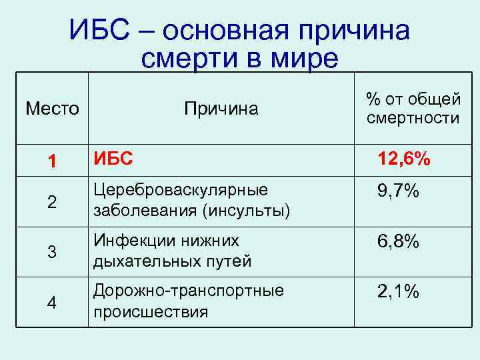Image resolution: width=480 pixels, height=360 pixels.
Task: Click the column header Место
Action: (x=52, y=108)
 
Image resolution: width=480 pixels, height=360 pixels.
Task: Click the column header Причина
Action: (x=221, y=108)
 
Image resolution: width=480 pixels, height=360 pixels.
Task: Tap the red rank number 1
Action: (x=51, y=161)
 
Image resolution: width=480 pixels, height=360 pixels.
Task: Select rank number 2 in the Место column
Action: (x=51, y=203)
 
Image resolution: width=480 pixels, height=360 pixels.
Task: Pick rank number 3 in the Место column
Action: (x=51, y=252)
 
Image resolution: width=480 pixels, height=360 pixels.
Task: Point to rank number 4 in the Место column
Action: (x=51, y=302)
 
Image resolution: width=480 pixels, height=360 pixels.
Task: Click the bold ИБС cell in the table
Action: (x=113, y=159)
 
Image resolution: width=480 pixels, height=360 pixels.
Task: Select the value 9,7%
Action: (x=398, y=192)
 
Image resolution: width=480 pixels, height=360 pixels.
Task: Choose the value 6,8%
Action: (x=398, y=242)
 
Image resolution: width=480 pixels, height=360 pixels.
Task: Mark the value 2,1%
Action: (x=398, y=291)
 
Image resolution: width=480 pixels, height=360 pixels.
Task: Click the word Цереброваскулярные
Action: (x=181, y=190)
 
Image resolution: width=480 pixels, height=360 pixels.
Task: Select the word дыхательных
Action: (x=137, y=261)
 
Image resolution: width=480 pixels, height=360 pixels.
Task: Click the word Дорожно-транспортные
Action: (x=189, y=291)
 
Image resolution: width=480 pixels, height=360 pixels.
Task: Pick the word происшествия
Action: (x=151, y=312)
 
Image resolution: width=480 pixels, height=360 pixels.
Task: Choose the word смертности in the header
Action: (x=413, y=119)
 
